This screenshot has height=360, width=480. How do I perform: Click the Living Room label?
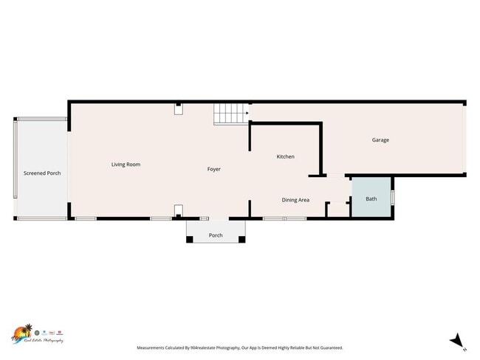point(126,165)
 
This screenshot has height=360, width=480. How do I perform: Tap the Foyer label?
point(213,170)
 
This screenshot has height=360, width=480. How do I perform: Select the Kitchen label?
point(286,156)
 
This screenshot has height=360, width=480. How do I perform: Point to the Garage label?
point(380,140)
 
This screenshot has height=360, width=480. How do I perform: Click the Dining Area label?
point(295,200)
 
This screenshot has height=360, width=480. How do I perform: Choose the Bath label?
point(371,198)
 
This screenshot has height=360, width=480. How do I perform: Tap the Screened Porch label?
point(42,173)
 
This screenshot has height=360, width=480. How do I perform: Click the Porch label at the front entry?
point(216,235)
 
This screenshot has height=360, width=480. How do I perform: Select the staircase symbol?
point(230,114)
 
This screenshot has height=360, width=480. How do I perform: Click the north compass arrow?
point(457,341)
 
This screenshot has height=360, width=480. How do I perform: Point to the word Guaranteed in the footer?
point(328,347)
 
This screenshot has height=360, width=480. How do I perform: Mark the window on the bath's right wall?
point(392,198)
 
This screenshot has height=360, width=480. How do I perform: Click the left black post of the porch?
point(189,239)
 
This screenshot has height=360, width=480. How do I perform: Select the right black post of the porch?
point(243,239)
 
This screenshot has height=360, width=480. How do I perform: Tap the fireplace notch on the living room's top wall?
point(178,108)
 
